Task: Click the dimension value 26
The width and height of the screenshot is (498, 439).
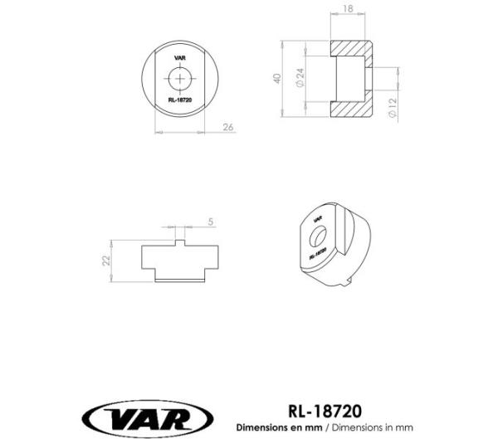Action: [228, 127]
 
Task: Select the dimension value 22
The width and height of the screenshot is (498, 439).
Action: [105, 260]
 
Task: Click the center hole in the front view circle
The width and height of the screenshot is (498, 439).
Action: [179, 79]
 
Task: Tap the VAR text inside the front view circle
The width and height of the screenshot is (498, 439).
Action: [179, 60]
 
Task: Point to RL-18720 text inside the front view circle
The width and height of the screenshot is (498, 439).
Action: [179, 99]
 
